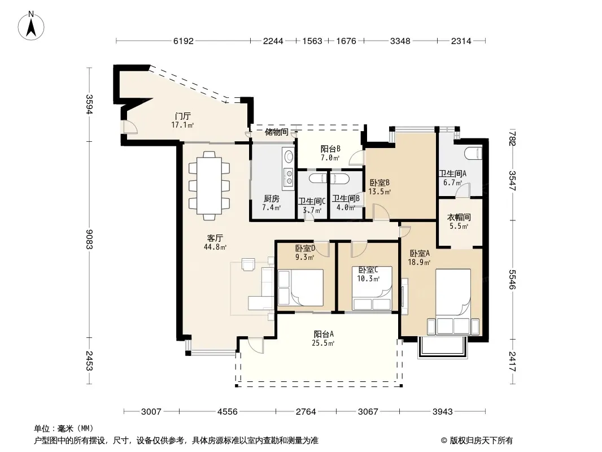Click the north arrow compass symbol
point(31,26)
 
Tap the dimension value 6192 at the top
point(183,41)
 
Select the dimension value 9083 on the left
point(89,239)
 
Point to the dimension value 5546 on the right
point(513,279)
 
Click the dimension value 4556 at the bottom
point(227,412)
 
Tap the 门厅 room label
point(183,116)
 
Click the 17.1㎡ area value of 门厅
point(182,125)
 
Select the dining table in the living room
point(210,186)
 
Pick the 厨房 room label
point(272,198)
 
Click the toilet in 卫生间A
point(473,153)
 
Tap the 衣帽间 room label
point(459,218)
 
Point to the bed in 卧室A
point(453,302)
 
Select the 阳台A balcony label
point(323,334)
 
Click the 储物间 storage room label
point(276,132)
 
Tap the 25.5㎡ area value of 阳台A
point(323,343)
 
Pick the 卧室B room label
point(379,183)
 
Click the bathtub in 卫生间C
point(312,177)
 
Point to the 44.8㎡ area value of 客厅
point(215,247)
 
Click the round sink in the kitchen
point(289,157)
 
